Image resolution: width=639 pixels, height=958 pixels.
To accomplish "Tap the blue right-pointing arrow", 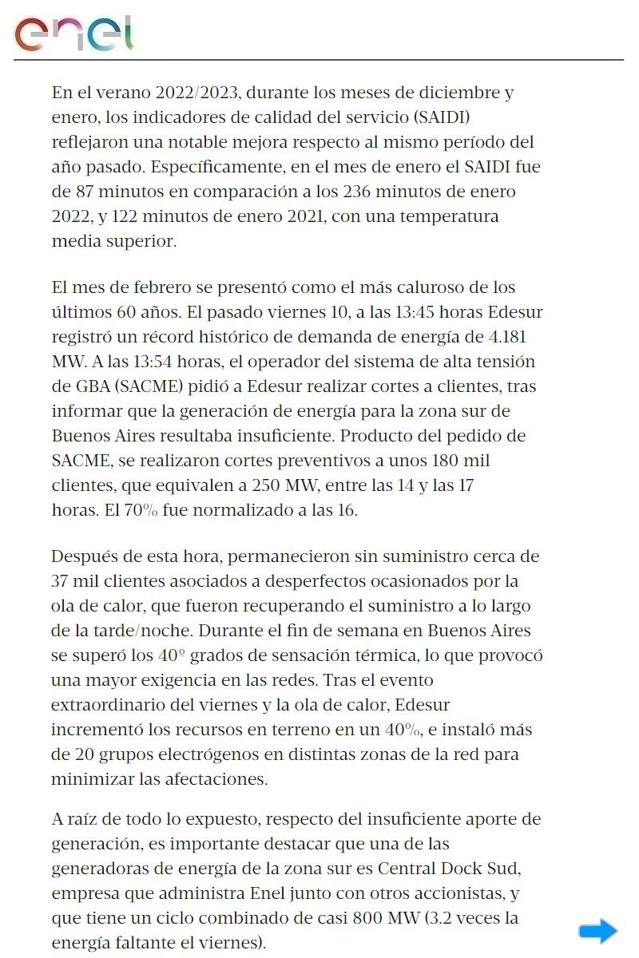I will pos(597,931).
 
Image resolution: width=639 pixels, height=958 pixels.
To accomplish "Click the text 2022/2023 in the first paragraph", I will pos(196,93).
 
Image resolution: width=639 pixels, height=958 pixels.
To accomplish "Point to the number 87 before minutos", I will pos(86,192).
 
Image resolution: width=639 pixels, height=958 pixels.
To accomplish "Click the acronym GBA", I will pos(89,387).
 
